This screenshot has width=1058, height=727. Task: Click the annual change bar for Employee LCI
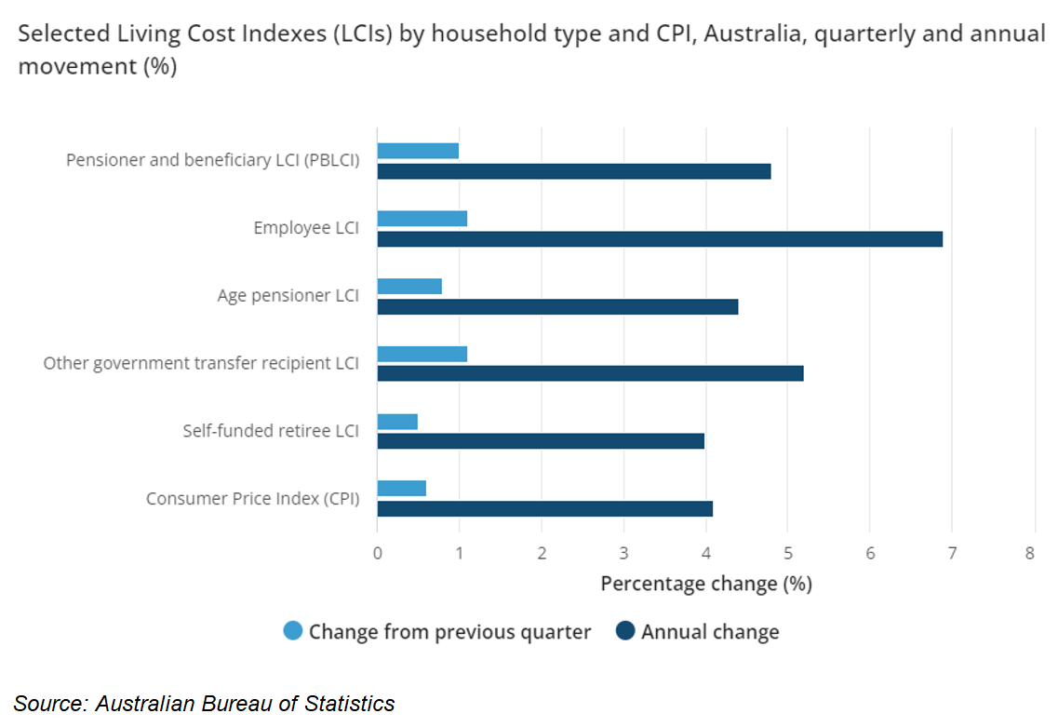(660, 239)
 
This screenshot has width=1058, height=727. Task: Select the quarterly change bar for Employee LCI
(422, 219)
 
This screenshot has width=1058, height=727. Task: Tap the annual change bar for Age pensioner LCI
(557, 307)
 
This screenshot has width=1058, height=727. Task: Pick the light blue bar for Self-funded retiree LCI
(397, 422)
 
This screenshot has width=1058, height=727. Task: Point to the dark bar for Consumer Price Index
(544, 508)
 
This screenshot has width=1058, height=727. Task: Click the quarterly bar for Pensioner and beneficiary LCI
(418, 151)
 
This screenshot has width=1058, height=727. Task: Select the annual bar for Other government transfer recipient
(590, 373)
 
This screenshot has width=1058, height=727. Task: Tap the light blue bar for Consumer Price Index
(401, 489)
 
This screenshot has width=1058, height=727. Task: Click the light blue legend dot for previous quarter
(293, 632)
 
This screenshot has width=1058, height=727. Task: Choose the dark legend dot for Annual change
(625, 632)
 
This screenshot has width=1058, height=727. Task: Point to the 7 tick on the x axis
(952, 553)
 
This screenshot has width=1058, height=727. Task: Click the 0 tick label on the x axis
(377, 553)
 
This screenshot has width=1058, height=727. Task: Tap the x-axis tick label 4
(705, 553)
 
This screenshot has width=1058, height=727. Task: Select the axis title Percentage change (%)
(705, 584)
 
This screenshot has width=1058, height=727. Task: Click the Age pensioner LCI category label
(288, 296)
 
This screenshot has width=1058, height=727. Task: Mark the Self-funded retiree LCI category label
(271, 431)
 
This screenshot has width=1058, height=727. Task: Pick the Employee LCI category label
(306, 228)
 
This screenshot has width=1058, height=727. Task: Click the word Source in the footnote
(47, 704)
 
